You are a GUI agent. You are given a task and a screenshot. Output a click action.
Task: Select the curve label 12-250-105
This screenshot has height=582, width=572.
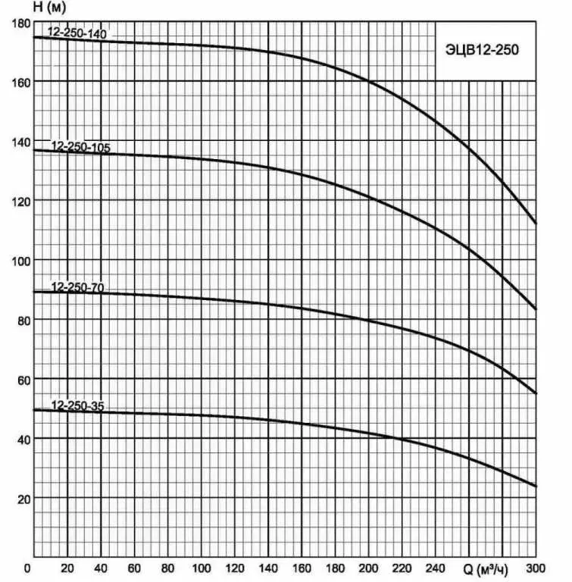click(80, 147)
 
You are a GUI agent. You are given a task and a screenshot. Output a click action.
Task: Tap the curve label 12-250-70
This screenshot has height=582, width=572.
click(77, 287)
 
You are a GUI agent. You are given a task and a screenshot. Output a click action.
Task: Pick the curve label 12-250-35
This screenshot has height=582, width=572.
click(77, 405)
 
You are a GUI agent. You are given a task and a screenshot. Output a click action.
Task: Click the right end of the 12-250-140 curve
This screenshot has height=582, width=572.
click(536, 224)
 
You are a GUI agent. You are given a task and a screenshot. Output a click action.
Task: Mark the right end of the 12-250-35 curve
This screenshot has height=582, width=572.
click(536, 487)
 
